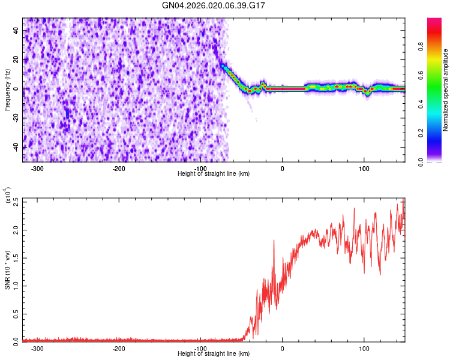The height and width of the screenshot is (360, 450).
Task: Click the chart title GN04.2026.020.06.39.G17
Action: [214, 5]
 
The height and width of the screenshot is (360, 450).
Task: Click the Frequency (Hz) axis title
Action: [7, 89]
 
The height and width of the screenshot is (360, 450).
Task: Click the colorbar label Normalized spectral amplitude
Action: [446, 90]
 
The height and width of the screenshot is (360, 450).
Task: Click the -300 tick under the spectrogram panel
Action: [38, 168]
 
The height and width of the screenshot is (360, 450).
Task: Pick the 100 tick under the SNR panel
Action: [364, 348]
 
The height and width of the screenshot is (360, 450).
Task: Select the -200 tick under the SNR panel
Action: [119, 348]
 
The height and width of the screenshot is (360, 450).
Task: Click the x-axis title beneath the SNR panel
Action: [214, 354]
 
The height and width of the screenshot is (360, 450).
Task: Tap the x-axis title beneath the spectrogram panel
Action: [214, 173]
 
